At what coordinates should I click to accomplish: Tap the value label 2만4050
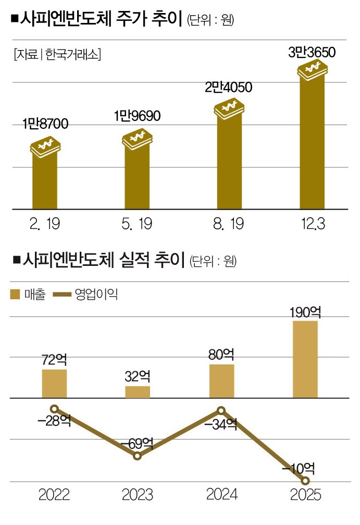[228, 87]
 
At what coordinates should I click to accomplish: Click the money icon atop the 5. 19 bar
[136, 138]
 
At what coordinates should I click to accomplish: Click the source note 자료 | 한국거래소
[57, 53]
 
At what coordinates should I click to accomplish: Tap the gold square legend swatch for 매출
[16, 295]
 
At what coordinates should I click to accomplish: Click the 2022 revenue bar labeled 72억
[54, 384]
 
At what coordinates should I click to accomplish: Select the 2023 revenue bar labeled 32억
[138, 392]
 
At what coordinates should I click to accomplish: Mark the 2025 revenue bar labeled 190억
[305, 359]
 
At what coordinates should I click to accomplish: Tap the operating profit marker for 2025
[306, 481]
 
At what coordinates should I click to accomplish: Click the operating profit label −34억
[221, 424]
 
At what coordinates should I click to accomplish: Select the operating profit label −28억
[54, 421]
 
